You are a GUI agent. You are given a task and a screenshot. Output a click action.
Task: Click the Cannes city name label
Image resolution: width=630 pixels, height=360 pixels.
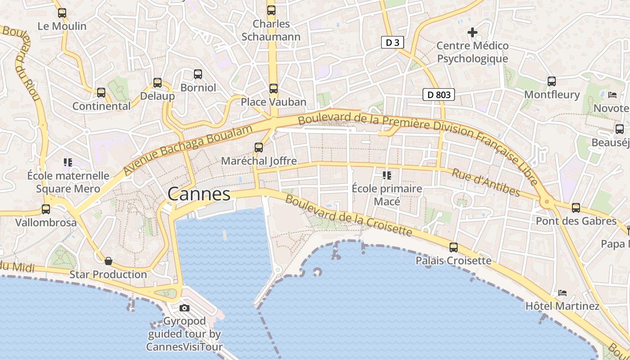(199, 194)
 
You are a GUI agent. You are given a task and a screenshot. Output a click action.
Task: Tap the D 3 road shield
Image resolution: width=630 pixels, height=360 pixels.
(392, 43)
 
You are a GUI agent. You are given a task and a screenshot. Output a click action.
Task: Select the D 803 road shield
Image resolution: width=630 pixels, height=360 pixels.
(439, 95)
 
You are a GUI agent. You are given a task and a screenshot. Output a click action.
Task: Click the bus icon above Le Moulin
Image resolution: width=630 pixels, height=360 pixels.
(62, 13)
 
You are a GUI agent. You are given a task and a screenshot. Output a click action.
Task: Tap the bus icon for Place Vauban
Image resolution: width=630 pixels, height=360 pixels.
(274, 89)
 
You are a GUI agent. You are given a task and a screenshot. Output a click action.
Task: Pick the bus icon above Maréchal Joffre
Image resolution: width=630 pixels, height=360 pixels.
(259, 147)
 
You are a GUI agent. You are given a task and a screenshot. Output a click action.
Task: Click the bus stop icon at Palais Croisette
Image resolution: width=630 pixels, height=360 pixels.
(454, 247)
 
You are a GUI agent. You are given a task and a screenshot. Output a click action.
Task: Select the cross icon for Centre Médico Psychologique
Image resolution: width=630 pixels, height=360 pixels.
(472, 32)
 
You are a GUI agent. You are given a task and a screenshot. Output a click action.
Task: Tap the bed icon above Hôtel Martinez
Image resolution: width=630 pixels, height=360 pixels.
(562, 293)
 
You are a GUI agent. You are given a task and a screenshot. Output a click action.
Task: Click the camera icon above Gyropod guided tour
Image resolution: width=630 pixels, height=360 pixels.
(184, 308)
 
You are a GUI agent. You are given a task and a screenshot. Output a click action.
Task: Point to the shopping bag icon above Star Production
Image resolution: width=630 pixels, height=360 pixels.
(108, 261)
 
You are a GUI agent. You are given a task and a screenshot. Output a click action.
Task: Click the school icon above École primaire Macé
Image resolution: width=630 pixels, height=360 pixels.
(387, 175)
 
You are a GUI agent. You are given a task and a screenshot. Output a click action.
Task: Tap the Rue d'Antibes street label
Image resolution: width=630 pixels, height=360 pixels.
(486, 183)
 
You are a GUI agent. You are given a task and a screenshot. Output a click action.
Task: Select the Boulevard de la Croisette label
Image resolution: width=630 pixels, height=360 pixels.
(349, 216)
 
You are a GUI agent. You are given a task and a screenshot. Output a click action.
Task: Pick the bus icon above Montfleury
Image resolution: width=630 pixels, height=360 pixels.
(552, 81)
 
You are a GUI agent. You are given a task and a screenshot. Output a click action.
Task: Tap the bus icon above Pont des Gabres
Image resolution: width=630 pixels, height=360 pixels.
(576, 208)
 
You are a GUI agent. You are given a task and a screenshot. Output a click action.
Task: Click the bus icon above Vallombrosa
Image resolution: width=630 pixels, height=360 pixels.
(46, 209)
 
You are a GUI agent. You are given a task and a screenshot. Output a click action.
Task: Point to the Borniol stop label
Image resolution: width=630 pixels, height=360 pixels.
(198, 87)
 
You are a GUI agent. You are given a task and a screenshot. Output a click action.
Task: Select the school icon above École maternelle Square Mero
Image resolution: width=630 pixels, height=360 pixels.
(68, 162)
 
